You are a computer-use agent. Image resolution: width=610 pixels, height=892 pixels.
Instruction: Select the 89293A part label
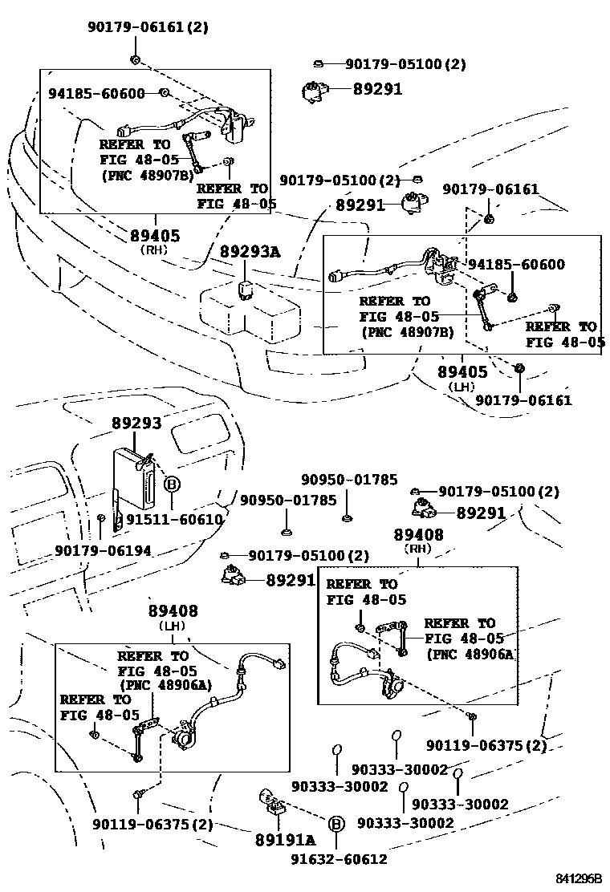250,253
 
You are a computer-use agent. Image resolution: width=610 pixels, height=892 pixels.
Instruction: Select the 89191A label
285,840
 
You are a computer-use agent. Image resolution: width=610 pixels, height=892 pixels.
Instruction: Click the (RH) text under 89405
154,249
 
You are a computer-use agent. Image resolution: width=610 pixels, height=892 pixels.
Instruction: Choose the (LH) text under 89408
172,625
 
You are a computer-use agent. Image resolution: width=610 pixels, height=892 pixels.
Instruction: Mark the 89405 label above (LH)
463,372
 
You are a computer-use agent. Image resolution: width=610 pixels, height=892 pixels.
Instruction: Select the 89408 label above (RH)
418,534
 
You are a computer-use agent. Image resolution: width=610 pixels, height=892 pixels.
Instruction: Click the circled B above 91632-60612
336,823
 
